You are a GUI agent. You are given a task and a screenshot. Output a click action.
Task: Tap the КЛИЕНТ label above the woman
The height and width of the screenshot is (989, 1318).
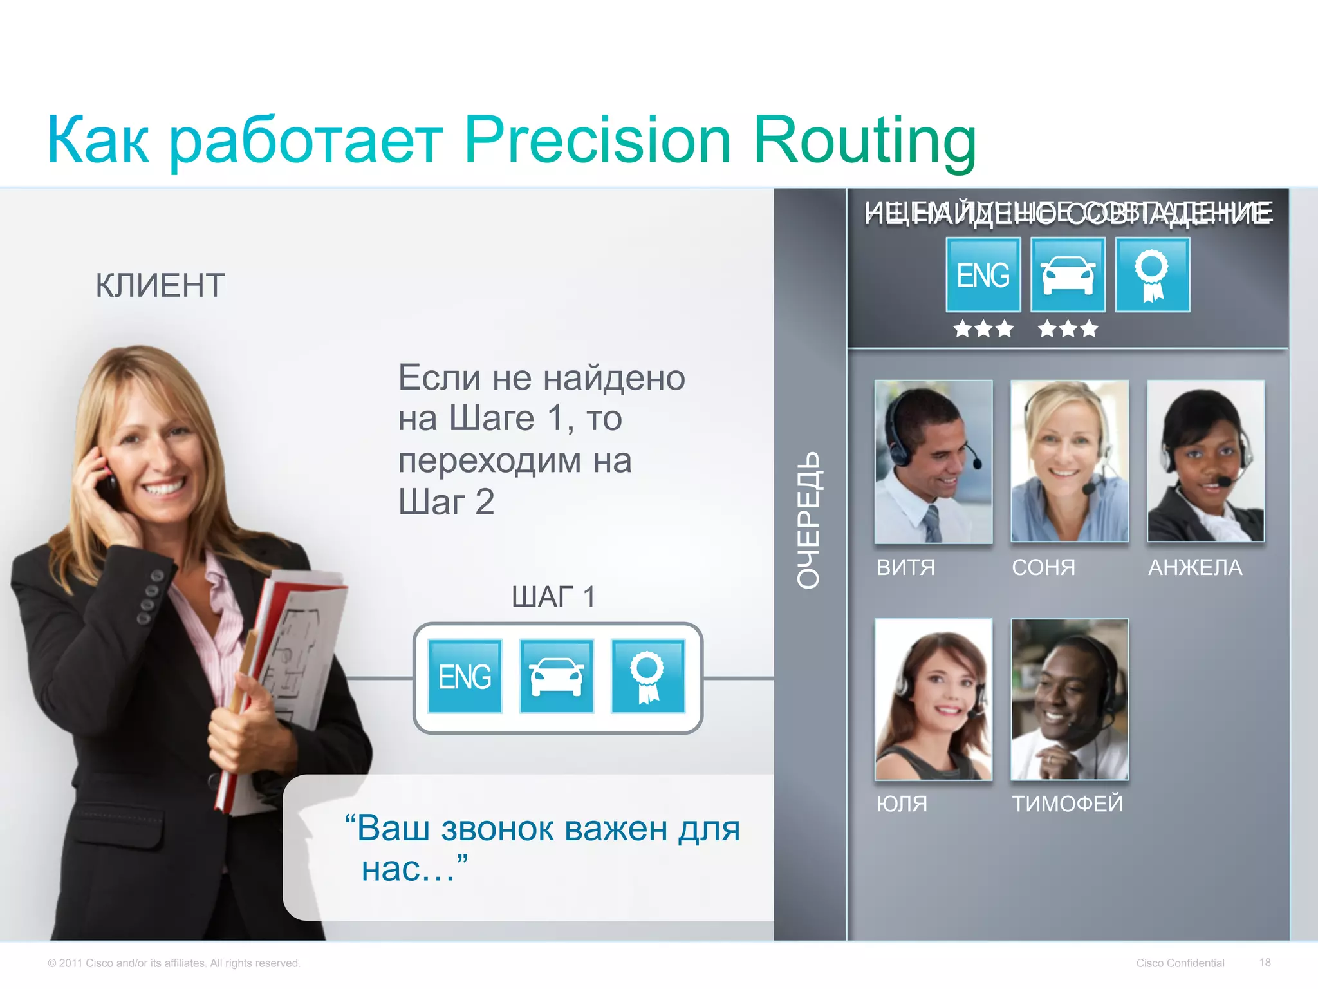(160, 285)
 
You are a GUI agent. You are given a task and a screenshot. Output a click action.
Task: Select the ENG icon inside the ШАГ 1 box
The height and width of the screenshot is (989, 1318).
(465, 676)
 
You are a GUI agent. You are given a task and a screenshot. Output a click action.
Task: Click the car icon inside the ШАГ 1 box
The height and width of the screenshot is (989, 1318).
(556, 676)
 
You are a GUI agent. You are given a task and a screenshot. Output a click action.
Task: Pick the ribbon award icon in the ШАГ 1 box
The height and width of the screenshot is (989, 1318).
(647, 676)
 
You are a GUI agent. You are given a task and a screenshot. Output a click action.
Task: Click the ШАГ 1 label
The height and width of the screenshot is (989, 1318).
(553, 597)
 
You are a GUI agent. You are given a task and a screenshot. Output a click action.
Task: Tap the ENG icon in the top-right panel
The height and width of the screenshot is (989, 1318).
(983, 275)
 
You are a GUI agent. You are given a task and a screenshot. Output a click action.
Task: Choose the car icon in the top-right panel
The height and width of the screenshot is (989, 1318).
(1068, 275)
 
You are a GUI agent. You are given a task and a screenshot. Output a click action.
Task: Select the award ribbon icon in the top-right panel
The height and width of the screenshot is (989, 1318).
(1152, 275)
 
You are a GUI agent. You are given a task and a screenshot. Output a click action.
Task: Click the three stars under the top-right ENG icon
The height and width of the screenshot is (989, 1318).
(983, 329)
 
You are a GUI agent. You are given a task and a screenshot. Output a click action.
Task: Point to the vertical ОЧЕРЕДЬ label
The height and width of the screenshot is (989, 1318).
(808, 520)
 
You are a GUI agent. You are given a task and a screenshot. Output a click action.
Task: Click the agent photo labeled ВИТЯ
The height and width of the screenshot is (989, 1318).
(933, 461)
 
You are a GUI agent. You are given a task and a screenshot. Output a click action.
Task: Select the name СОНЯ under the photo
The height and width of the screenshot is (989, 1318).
(1043, 567)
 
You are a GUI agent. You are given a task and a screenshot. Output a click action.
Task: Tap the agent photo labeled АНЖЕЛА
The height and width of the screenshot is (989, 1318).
(1205, 461)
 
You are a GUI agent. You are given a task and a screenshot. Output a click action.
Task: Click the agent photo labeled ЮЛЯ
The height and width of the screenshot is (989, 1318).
(933, 699)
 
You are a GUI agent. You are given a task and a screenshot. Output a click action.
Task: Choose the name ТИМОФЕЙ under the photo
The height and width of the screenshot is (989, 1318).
(1067, 804)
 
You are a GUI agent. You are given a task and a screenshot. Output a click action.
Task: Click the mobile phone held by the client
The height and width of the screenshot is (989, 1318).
(106, 480)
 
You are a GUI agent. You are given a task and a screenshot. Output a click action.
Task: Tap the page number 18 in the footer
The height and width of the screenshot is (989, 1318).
(1265, 963)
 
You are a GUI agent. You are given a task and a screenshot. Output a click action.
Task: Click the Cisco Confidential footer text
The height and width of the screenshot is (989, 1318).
(1180, 963)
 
